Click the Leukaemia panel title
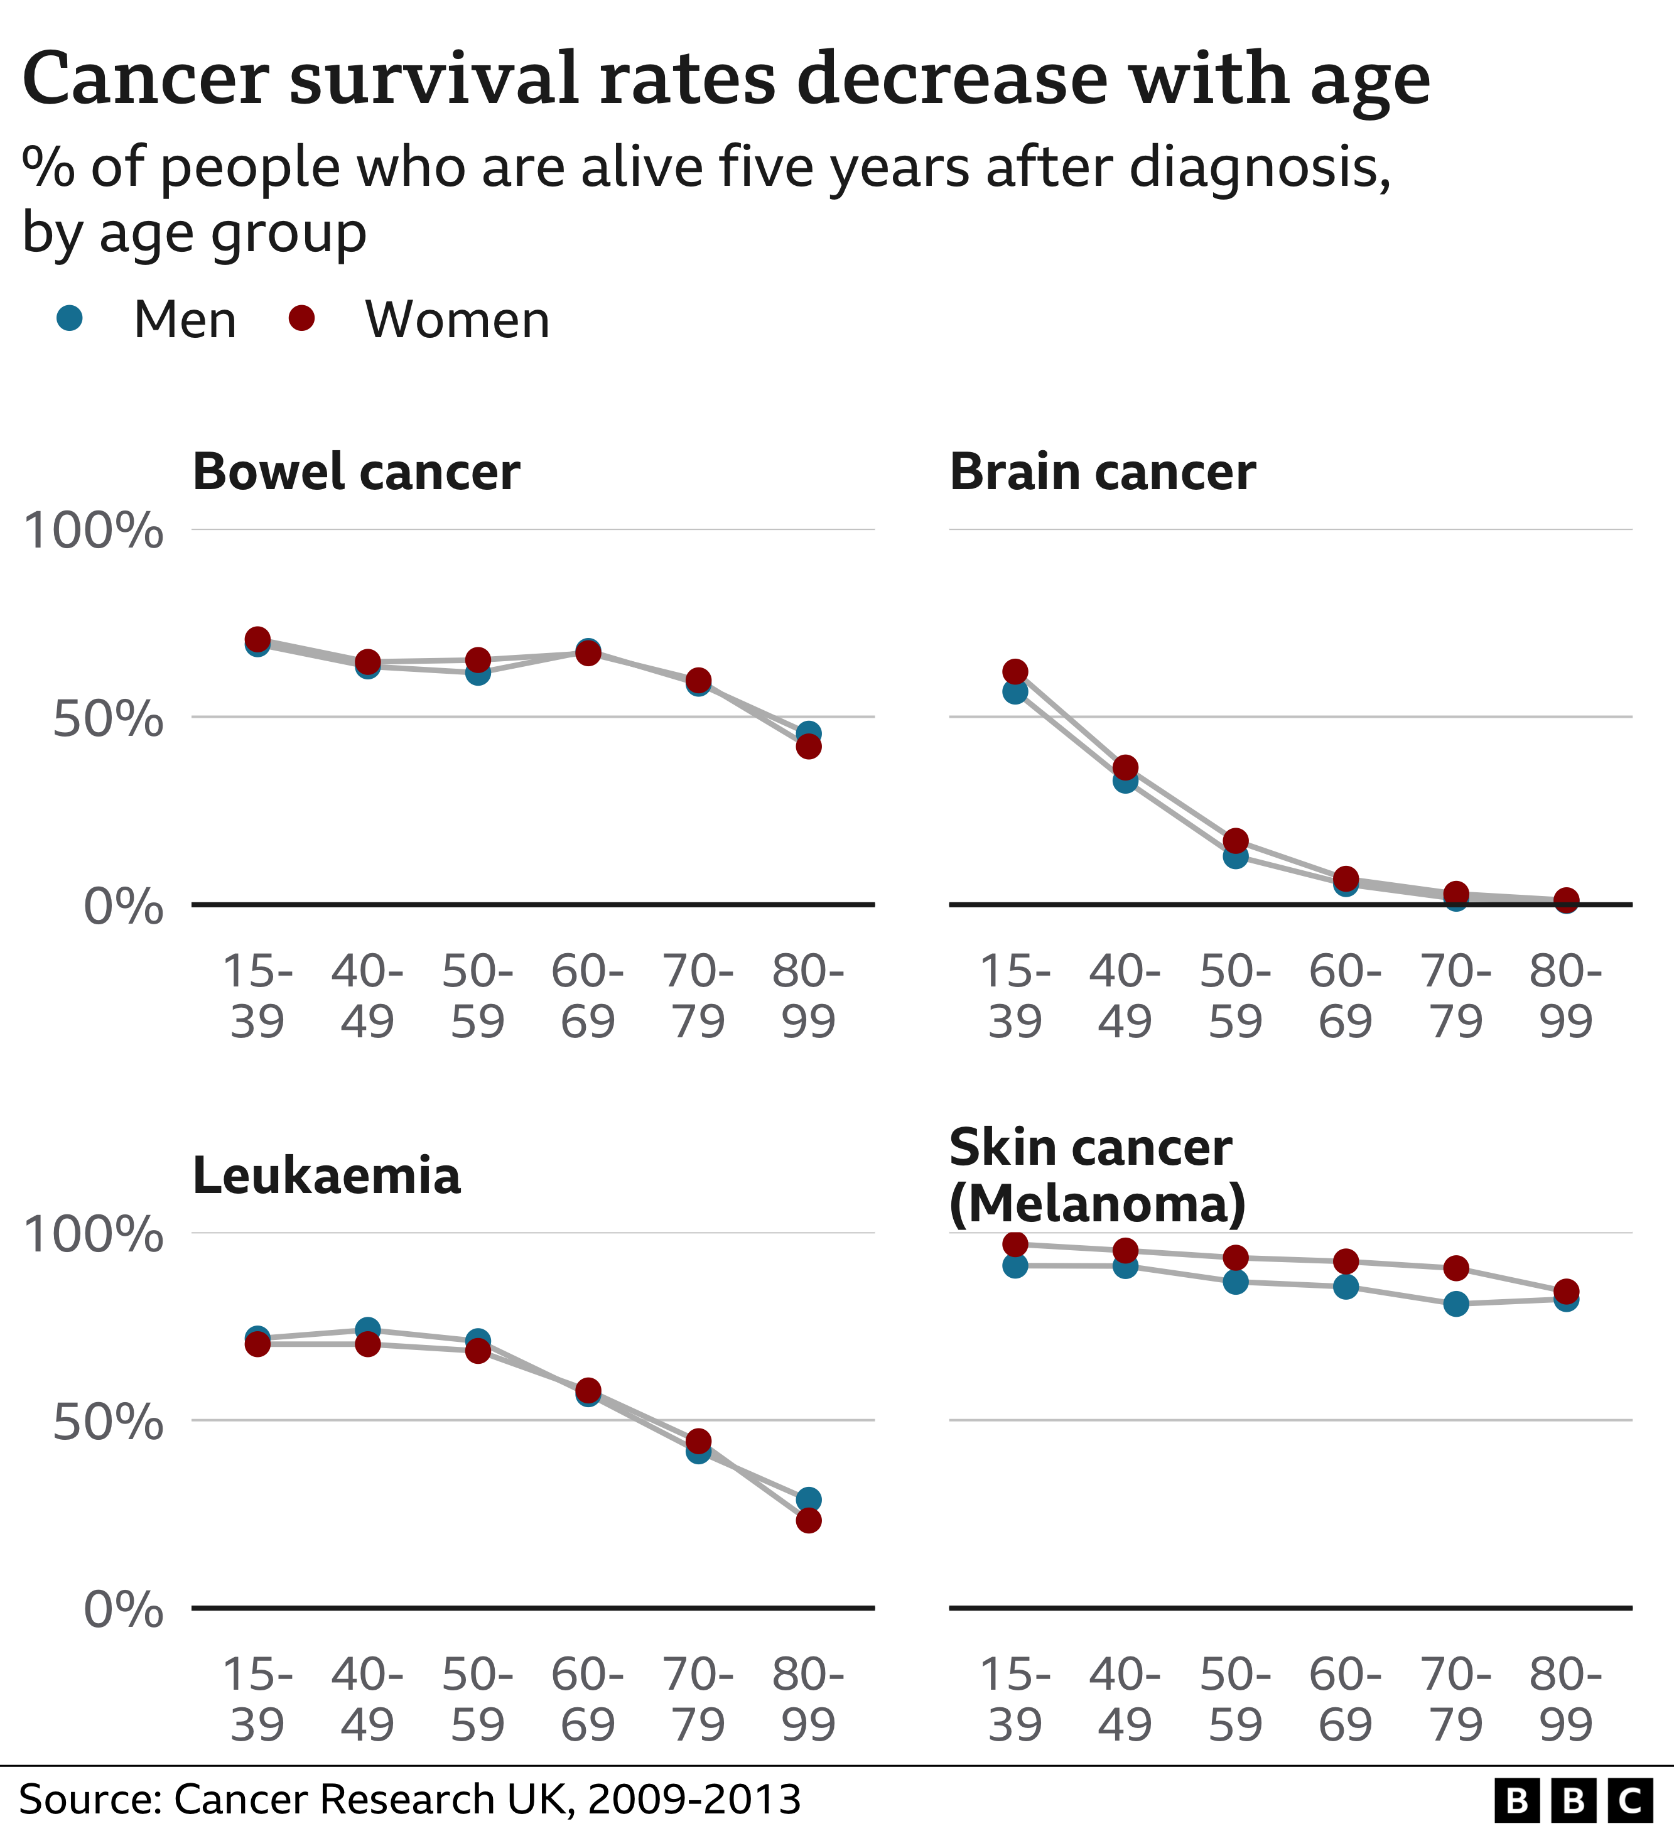coord(326,1176)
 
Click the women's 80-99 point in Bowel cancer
coord(808,747)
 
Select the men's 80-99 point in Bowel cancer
coord(808,732)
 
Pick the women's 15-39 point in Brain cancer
coord(1015,671)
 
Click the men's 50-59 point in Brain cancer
coord(1235,856)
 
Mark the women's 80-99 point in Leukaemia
coord(808,1520)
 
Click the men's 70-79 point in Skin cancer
coord(1456,1304)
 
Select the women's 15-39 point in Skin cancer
coord(1015,1243)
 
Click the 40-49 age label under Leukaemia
coord(368,1700)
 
